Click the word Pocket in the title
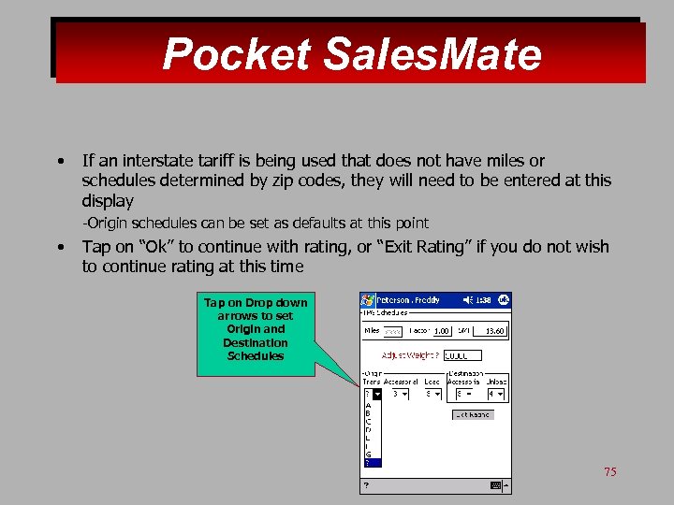[236, 54]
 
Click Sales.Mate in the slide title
[432, 54]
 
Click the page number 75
[609, 472]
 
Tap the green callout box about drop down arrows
[256, 329]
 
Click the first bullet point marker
[59, 162]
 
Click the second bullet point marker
[59, 248]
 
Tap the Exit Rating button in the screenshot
[472, 414]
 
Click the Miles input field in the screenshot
[393, 331]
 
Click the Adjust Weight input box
[462, 355]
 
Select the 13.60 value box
[492, 331]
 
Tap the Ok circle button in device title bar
[504, 300]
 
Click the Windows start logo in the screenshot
[367, 300]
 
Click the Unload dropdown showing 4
[493, 395]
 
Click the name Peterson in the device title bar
[395, 300]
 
